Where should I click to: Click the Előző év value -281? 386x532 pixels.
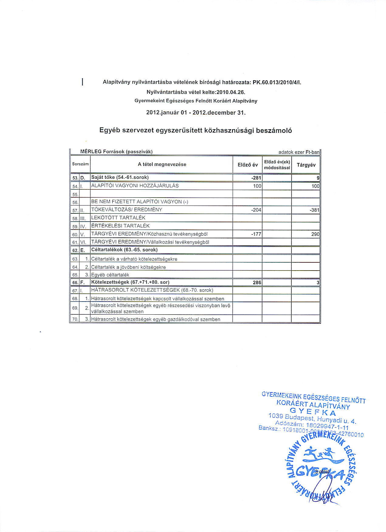click(x=257, y=178)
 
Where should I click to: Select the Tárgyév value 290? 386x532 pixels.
click(x=315, y=234)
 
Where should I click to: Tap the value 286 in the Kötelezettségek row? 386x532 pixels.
click(x=257, y=282)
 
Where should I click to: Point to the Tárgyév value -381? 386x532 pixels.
click(x=315, y=210)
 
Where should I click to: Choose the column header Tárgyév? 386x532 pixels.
click(x=306, y=165)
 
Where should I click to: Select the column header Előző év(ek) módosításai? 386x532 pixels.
click(x=277, y=165)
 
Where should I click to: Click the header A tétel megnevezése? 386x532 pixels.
click(x=162, y=164)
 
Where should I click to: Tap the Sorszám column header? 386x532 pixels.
click(x=80, y=164)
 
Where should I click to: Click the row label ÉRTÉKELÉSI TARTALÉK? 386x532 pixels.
click(x=120, y=226)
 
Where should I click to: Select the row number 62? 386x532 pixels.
click(x=75, y=250)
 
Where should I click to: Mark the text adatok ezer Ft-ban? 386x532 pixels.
click(x=299, y=152)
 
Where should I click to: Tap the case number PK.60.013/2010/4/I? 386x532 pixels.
click(x=277, y=82)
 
